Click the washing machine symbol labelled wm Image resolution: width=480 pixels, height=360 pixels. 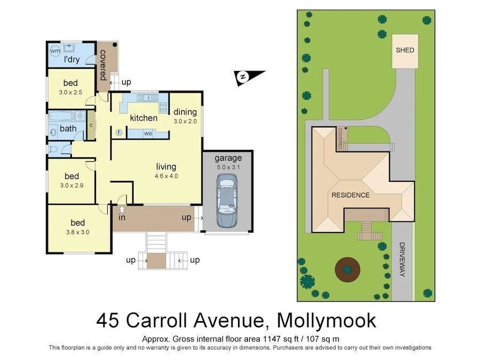55,50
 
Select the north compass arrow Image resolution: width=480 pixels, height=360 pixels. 243,77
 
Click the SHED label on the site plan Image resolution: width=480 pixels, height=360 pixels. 405,50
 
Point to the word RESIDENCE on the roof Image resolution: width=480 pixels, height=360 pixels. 350,195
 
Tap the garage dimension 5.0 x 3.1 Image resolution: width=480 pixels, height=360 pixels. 228,167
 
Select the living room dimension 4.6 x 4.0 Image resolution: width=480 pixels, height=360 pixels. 166,175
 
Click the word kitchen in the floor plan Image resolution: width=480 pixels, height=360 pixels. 144,118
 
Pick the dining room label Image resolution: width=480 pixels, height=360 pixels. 185,112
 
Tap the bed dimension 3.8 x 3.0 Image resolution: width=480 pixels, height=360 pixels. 78,232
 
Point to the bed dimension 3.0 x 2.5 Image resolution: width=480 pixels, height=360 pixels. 70,92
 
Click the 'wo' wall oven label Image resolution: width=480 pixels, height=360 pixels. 148,133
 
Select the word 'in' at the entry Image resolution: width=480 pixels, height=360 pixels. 122,218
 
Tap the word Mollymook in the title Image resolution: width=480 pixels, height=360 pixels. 323,320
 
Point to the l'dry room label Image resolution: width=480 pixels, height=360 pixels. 71,59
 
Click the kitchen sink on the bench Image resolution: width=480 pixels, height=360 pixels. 144,98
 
